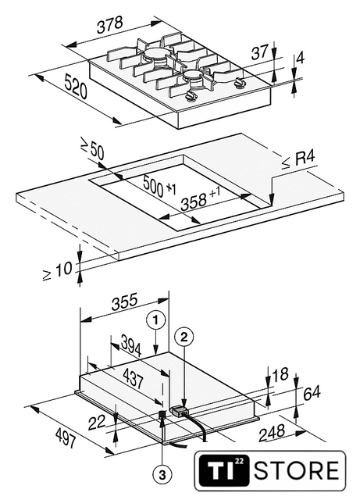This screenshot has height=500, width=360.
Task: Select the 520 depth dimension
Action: point(76,86)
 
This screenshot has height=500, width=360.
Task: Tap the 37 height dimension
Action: point(260,52)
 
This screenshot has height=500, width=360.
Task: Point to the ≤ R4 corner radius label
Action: point(298,159)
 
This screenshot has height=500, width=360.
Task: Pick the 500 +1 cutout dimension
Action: point(159,186)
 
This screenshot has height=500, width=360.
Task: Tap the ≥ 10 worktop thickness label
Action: point(57,271)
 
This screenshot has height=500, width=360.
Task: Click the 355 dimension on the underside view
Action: point(124,302)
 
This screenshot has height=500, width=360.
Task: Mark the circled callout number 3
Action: point(162,476)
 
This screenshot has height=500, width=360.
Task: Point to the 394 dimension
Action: point(131,347)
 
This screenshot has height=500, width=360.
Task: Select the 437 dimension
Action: point(133,378)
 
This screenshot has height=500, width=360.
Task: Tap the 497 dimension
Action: point(66,437)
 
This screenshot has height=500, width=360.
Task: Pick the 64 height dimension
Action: point(312,393)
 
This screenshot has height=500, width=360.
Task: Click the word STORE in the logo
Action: point(296,470)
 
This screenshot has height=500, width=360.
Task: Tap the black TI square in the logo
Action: point(223,470)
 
